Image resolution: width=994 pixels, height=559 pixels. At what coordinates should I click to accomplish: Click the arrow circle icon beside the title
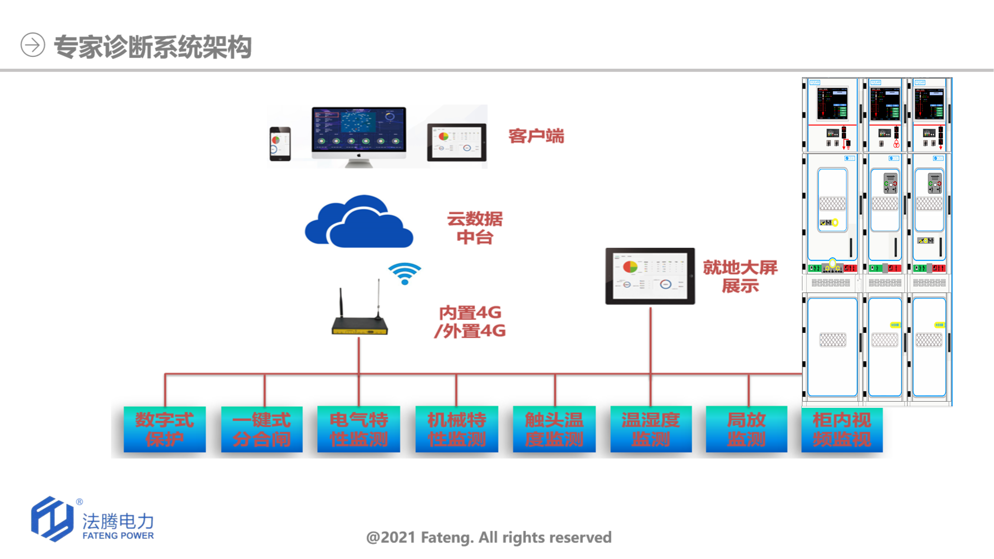pos(33,45)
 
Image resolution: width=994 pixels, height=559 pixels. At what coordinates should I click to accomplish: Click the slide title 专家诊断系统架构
pos(153,47)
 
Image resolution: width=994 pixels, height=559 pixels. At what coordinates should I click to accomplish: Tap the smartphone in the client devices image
pos(280,144)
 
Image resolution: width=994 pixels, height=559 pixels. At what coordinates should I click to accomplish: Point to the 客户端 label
pos(536,136)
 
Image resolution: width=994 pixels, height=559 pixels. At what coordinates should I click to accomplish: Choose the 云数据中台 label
pos(475,228)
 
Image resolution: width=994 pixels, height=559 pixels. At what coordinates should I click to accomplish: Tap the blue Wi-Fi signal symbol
pos(405,273)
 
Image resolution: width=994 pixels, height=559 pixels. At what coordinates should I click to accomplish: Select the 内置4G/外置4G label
pos(470,321)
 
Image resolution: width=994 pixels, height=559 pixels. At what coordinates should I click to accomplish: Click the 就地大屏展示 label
pos(740,276)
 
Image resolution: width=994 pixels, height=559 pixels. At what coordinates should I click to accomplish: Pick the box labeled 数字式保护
pos(165,429)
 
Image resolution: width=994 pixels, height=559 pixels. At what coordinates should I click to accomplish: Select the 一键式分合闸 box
pos(262,429)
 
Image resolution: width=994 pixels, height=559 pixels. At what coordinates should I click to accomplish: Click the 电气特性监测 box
pos(359,429)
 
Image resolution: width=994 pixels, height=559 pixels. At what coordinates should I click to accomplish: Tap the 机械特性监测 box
pos(457,429)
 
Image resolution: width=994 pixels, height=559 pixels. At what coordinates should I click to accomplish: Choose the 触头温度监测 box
pos(554,429)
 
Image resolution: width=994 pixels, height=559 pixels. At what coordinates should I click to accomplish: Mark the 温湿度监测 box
pos(651,429)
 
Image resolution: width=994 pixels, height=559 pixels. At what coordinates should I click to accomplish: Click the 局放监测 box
pos(747,429)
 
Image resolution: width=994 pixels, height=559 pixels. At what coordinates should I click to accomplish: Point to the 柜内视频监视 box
pos(842,429)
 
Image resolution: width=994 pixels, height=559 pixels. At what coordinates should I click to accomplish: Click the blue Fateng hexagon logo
pos(52,519)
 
